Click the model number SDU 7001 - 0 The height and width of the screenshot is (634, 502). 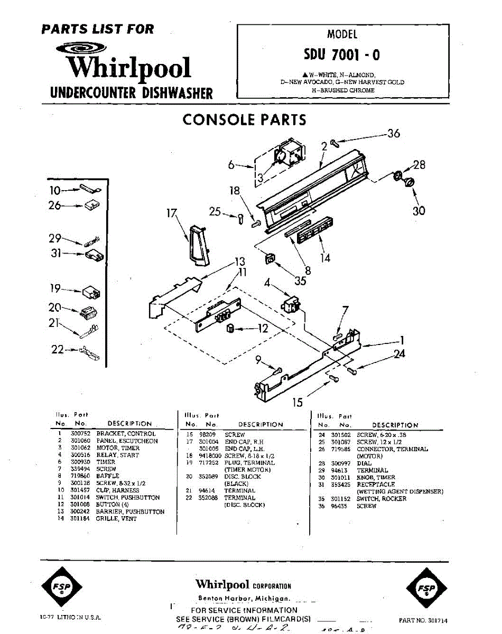341,55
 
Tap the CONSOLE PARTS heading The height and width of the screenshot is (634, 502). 244,120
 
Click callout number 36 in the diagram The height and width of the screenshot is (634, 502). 393,134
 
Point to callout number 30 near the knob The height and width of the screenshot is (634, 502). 419,211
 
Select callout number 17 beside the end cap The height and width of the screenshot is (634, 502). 171,214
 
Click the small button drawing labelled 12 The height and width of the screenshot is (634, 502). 230,330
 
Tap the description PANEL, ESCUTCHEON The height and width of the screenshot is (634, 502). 127,441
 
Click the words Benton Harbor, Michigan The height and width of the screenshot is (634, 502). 244,599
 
